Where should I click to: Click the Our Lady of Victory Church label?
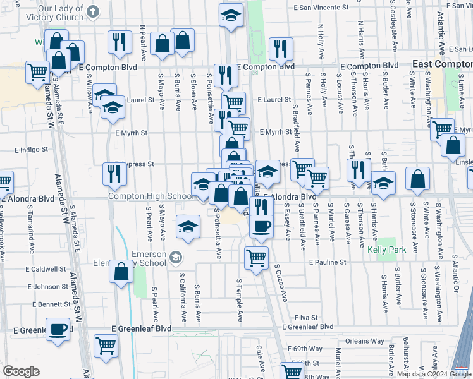pyautogui.click(x=60, y=13)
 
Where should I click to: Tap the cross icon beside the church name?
pyautogui.click(x=93, y=11)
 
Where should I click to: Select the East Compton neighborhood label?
pyautogui.click(x=442, y=64)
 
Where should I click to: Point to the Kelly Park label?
pyautogui.click(x=387, y=249)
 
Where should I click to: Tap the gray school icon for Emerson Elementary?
pyautogui.click(x=175, y=257)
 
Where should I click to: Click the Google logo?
pyautogui.click(x=21, y=371)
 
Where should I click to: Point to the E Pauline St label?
pyautogui.click(x=328, y=262)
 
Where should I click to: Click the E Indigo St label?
pyautogui.click(x=32, y=150)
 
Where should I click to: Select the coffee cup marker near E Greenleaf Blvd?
pyautogui.click(x=58, y=329)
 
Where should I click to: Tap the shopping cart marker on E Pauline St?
pyautogui.click(x=256, y=256)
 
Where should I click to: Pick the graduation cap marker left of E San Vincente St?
pyautogui.click(x=231, y=15)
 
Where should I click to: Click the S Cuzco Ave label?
pyautogui.click(x=281, y=283)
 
